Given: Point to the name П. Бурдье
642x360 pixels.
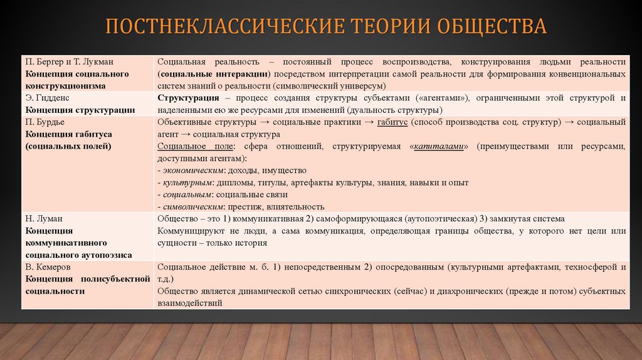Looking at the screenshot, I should point(45,122).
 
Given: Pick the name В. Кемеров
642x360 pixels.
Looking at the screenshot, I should point(48,267).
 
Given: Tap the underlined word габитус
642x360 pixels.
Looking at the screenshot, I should point(394,122).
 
